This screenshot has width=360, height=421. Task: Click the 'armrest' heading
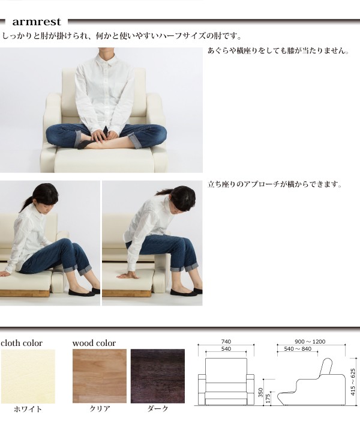(x=37, y=22)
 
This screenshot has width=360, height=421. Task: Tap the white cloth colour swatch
(x=28, y=376)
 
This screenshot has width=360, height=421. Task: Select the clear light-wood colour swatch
(x=100, y=376)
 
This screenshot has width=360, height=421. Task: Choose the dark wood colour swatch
(x=158, y=376)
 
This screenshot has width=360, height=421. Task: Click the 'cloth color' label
(x=22, y=343)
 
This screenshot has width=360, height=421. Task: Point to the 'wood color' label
(x=94, y=343)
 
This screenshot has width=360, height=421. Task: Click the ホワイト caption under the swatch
(x=28, y=409)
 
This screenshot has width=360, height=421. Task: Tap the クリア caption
(x=100, y=409)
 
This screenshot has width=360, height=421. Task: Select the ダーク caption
(x=158, y=409)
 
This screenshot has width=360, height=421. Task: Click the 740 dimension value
(x=226, y=342)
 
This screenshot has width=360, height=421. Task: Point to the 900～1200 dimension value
(x=310, y=342)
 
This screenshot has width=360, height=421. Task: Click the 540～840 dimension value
(x=298, y=349)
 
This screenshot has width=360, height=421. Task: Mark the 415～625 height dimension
(x=353, y=382)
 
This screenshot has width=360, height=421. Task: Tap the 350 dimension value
(x=260, y=392)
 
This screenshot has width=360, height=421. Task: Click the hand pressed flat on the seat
(x=127, y=275)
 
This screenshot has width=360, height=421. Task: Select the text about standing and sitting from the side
(x=275, y=184)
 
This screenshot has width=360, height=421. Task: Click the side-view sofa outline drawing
(x=311, y=382)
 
